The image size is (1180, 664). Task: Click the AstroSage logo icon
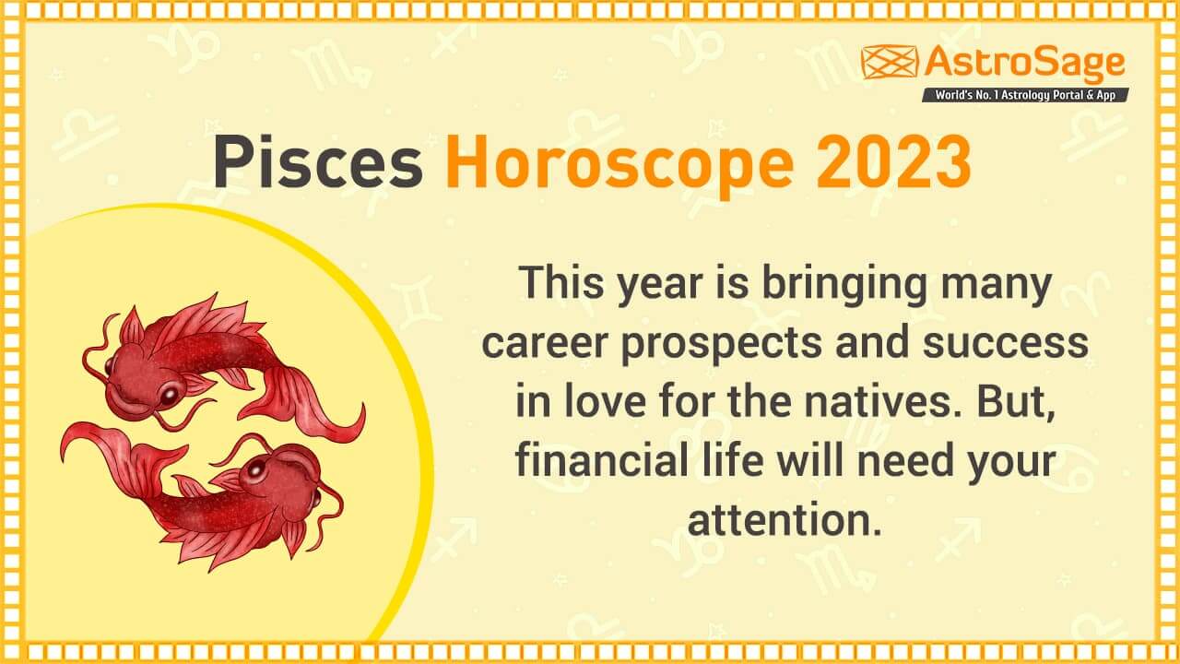point(890,62)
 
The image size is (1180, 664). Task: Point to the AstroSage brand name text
point(1024,62)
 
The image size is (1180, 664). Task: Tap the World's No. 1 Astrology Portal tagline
point(1024,95)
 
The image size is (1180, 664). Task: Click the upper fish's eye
point(170,395)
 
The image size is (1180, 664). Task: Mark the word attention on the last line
point(779,519)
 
